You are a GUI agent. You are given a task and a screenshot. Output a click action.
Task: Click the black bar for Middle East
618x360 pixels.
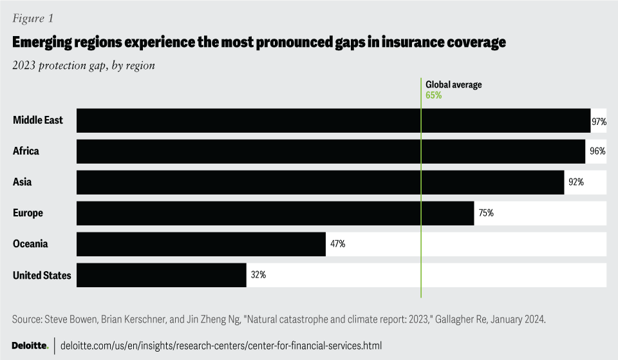point(333,120)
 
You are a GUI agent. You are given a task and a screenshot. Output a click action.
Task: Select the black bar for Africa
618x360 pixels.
point(331,151)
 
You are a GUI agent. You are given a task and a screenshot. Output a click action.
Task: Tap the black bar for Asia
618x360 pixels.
point(320,182)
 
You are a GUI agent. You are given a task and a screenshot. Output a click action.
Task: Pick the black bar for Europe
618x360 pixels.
point(275,213)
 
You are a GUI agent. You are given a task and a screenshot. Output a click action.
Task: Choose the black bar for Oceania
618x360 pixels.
point(201,244)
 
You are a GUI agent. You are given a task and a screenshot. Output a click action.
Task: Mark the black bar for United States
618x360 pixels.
point(161,275)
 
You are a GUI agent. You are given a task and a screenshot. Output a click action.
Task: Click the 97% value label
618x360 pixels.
point(599,121)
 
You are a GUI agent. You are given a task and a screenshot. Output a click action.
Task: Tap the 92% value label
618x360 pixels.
point(576,182)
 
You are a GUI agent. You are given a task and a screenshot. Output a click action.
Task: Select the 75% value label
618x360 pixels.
point(485,213)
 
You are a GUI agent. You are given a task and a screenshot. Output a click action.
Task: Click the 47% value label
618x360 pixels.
point(337,244)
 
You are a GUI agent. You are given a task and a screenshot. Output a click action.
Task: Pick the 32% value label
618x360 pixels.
point(258,275)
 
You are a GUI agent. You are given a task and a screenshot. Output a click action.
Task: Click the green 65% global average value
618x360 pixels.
point(433,95)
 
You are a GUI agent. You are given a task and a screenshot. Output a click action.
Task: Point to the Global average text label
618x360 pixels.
point(453,84)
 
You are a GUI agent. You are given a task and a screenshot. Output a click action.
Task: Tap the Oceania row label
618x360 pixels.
point(30,244)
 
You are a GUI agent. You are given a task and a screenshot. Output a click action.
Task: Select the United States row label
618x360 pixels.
point(42,276)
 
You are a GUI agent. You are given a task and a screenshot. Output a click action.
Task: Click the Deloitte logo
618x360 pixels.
point(30,346)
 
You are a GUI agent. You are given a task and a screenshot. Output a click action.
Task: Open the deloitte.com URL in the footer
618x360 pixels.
point(221,346)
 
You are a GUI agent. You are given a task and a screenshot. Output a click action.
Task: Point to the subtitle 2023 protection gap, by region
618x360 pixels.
point(84,65)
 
